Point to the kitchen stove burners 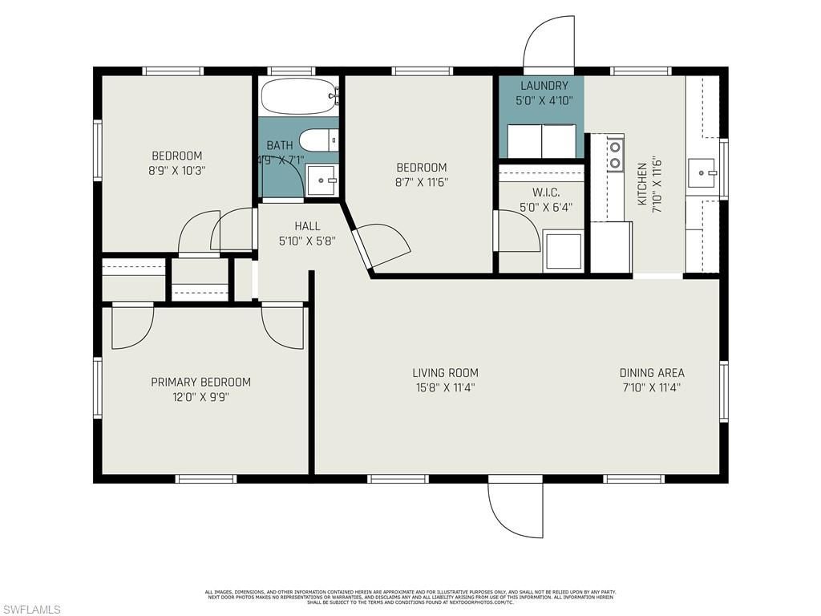[616, 154]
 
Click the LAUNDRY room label [544, 86]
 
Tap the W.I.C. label [545, 192]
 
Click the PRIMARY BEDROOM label [200, 383]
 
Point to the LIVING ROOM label [445, 373]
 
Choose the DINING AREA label [652, 373]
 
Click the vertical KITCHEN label [642, 184]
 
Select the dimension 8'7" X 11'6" [422, 182]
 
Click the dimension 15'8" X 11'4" [445, 387]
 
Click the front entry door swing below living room [513, 513]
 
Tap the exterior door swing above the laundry [548, 44]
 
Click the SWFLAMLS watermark [30, 610]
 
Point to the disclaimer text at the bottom [410, 597]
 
